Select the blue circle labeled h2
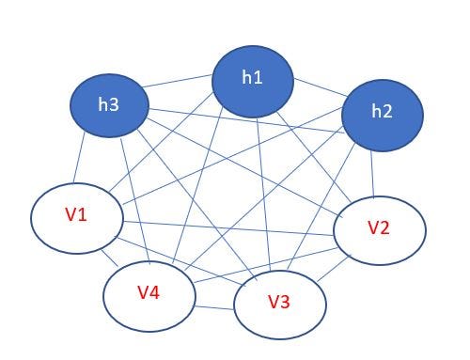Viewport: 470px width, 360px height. [382, 114]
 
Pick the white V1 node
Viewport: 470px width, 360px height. [78, 217]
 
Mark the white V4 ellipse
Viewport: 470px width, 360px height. [149, 292]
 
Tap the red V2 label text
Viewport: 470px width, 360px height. [378, 228]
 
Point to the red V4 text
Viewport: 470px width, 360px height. [148, 292]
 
